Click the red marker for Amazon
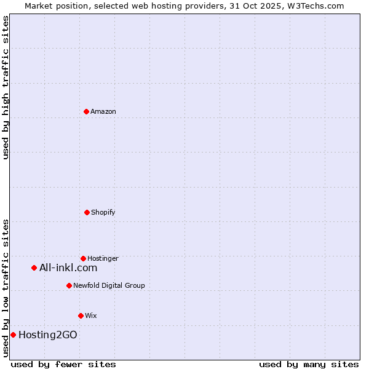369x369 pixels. tap(86, 111)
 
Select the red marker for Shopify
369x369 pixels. tap(87, 212)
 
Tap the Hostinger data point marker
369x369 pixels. tap(83, 258)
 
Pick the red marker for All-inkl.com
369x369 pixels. tap(34, 268)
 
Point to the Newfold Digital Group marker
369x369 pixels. tap(69, 285)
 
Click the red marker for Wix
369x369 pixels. tap(81, 315)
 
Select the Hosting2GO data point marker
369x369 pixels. tap(13, 335)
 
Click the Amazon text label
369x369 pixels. tap(103, 111)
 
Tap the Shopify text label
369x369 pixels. tap(103, 212)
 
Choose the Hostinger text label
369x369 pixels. tap(103, 258)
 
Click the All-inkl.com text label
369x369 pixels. tap(68, 268)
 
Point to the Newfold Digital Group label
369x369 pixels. tap(109, 285)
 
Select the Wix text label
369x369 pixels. tap(91, 315)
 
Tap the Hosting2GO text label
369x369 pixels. tap(48, 335)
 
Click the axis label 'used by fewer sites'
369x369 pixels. tap(63, 364)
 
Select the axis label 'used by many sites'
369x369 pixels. tap(309, 364)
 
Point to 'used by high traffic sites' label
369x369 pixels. tap(6, 87)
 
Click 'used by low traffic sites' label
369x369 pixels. tap(6, 287)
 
